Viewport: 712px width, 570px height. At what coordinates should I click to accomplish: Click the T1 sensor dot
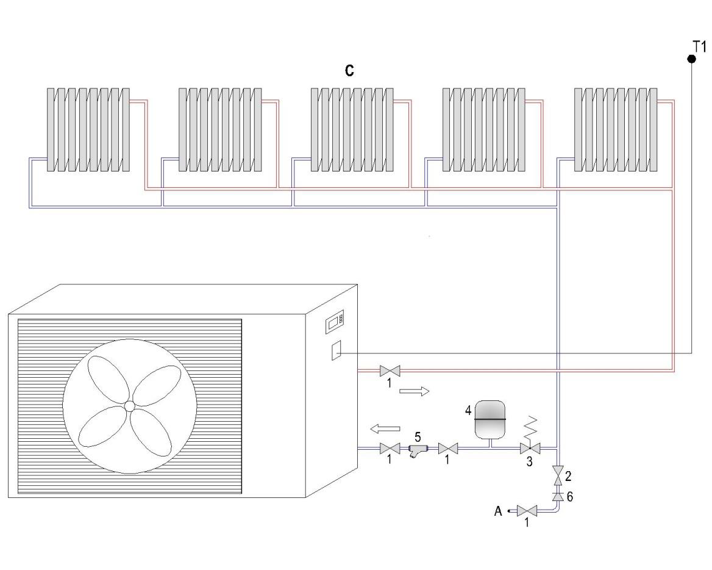691,59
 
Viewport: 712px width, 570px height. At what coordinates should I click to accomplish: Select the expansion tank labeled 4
489,419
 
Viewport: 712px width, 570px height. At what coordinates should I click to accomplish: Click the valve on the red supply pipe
388,370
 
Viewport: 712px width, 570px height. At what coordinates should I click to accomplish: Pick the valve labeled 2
557,474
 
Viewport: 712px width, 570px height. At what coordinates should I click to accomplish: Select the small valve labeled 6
557,496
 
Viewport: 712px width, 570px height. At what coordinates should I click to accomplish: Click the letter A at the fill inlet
498,511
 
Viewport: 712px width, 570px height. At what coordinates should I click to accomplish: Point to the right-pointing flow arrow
414,391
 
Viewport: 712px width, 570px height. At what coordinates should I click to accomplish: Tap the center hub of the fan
129,406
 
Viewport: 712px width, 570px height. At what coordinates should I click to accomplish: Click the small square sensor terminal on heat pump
336,352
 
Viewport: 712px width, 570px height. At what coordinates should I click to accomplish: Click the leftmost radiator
88,129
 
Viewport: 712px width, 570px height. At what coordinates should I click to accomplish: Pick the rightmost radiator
616,129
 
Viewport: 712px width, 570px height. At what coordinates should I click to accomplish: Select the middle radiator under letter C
352,129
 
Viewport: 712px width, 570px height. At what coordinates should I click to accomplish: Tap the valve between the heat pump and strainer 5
388,449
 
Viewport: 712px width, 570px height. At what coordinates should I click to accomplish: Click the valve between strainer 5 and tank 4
448,449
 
